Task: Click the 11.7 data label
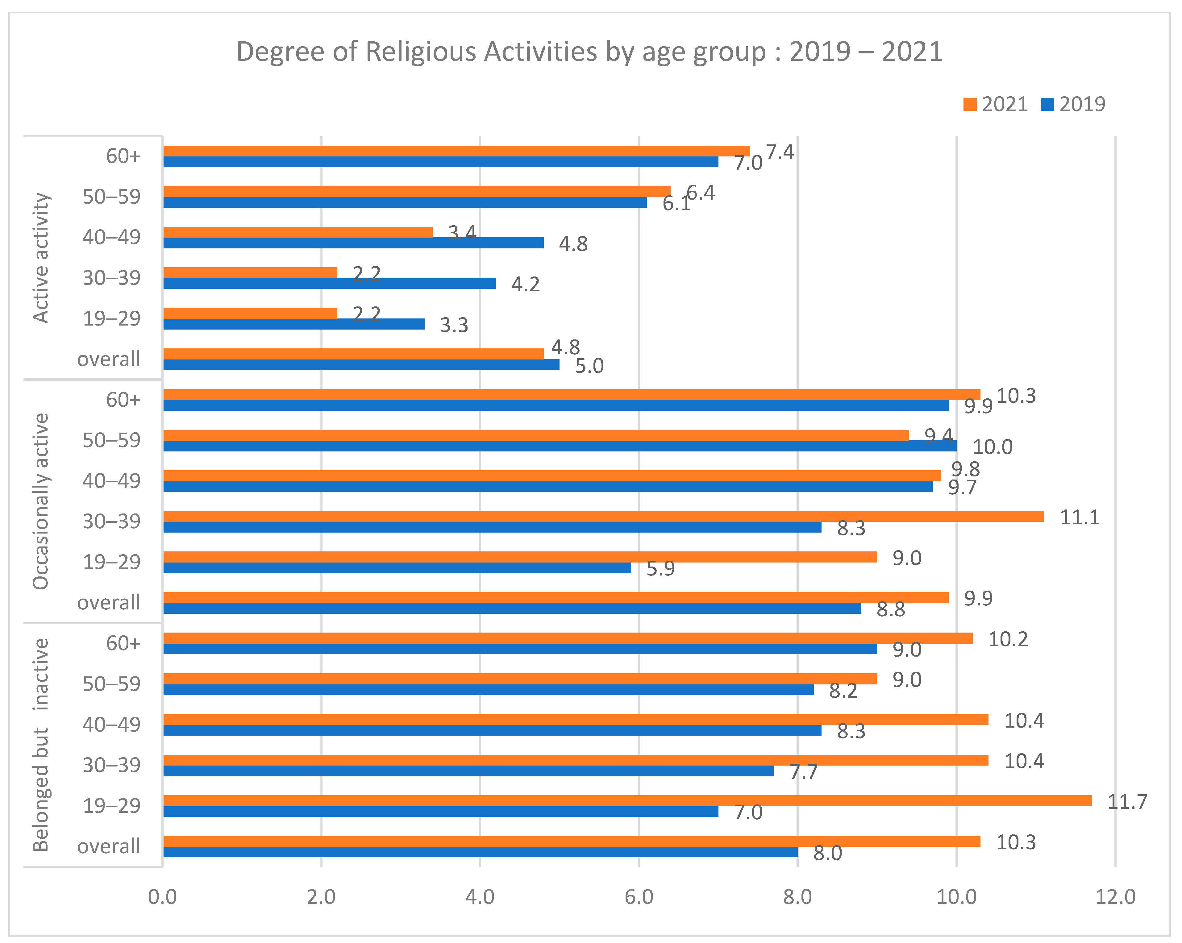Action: click(x=1127, y=802)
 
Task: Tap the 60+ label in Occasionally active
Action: click(x=123, y=400)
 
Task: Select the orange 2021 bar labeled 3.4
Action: click(x=298, y=232)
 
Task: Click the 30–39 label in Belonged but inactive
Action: click(x=111, y=765)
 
